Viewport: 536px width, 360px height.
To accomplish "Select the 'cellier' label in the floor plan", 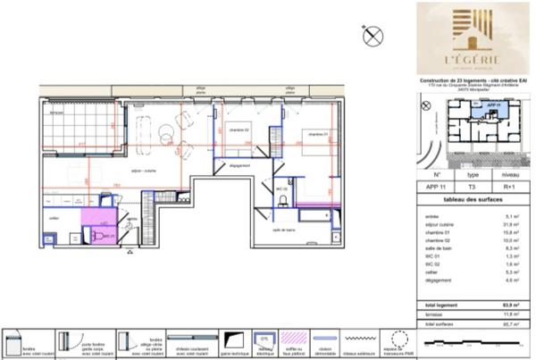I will [54, 217].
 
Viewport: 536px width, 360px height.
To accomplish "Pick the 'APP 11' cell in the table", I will [436, 188].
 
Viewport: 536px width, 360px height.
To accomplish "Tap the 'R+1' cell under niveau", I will [510, 188].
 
